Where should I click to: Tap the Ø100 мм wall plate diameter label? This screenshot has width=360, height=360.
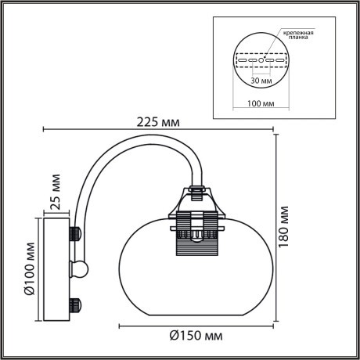tap(28, 268)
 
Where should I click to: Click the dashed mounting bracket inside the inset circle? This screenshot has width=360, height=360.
tap(261, 59)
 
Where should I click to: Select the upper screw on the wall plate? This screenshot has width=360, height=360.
tap(76, 233)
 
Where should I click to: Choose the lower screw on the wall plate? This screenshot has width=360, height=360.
tap(76, 302)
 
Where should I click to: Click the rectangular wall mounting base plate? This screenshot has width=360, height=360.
tap(56, 268)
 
